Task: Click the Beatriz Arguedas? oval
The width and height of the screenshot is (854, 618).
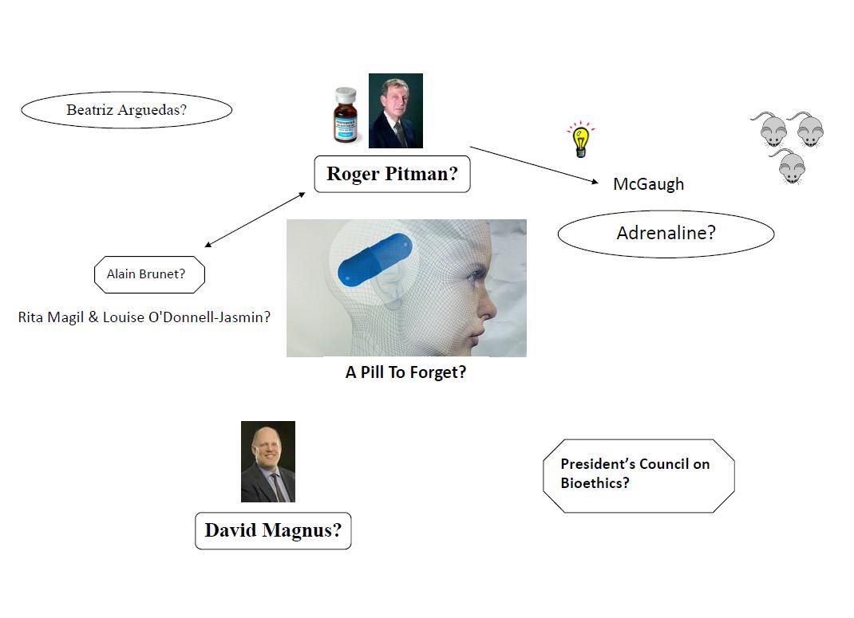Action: click(x=126, y=110)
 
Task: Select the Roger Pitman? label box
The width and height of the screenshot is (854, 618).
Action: click(x=392, y=174)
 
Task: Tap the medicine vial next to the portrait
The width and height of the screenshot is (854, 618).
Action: click(x=346, y=115)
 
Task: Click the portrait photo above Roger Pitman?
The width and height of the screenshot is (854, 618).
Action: click(x=395, y=111)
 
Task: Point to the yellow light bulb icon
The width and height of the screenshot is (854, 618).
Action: click(x=580, y=140)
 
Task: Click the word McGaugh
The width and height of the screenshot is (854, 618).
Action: click(x=648, y=184)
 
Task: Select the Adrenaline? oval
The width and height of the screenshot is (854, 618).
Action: click(x=666, y=234)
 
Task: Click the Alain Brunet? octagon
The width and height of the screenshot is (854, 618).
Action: click(x=150, y=274)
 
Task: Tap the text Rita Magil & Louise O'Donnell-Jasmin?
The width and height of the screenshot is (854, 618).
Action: click(x=144, y=317)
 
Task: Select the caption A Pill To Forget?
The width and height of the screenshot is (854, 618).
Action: click(x=405, y=372)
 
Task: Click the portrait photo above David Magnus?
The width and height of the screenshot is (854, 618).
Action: click(x=268, y=462)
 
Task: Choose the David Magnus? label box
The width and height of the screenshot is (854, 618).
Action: click(x=273, y=530)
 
